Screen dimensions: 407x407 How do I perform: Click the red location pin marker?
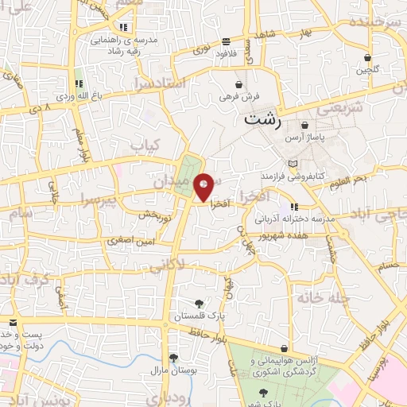click(x=204, y=187)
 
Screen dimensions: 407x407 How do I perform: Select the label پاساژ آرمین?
click(x=307, y=138)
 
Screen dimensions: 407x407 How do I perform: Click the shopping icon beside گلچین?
click(x=366, y=57)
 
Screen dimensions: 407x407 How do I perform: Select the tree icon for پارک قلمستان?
click(x=200, y=304)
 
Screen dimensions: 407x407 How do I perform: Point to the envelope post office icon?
click(x=13, y=323)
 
